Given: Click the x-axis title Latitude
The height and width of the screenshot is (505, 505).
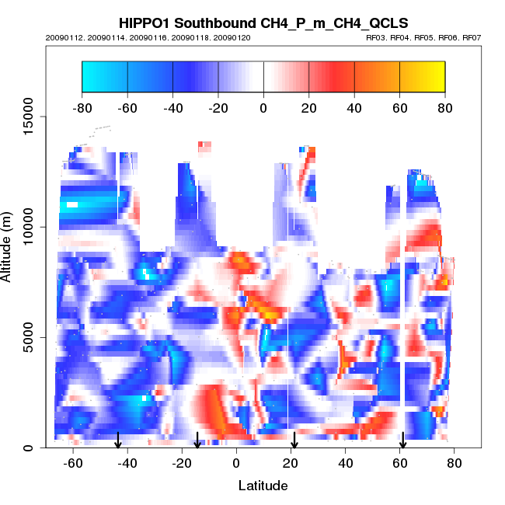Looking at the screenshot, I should (263, 486).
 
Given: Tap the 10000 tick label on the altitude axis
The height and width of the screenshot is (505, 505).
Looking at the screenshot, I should (25, 227).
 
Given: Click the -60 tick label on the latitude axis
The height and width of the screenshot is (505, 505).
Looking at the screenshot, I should (72, 463).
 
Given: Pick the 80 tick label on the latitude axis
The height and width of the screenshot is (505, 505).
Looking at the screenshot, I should (454, 463).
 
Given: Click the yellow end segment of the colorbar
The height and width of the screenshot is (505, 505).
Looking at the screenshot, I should (423, 76).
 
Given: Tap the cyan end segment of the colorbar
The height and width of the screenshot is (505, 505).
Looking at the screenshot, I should (104, 76).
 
